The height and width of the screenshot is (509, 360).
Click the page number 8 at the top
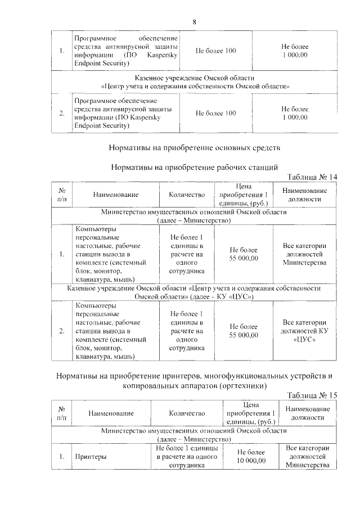(194, 22)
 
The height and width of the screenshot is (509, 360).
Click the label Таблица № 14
(312, 177)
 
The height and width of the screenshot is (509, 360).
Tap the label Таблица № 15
(312, 395)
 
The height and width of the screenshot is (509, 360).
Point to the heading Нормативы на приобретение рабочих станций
(195, 168)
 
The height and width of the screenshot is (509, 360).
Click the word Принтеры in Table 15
(91, 457)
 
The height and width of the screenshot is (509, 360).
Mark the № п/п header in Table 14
(62, 195)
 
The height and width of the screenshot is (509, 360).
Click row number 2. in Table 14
(62, 331)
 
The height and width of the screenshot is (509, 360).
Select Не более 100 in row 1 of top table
(215, 51)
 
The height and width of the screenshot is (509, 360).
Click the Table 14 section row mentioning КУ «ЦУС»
(193, 292)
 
